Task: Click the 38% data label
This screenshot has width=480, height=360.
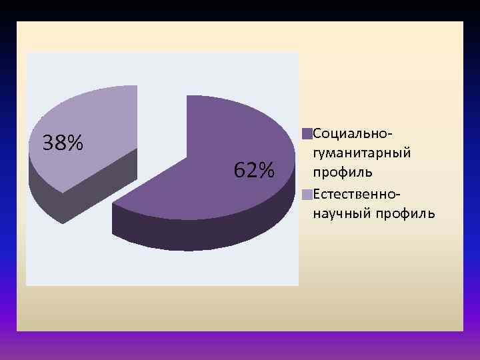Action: point(63,143)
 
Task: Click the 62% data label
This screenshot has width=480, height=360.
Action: point(254,171)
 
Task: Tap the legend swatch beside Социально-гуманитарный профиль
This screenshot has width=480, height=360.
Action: point(307,134)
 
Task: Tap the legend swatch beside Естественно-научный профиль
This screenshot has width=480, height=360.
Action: point(307,195)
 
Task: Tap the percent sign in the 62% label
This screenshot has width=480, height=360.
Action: point(266,171)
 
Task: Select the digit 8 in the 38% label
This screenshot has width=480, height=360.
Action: point(59,143)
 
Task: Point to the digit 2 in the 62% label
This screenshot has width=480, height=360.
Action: point(251,171)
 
